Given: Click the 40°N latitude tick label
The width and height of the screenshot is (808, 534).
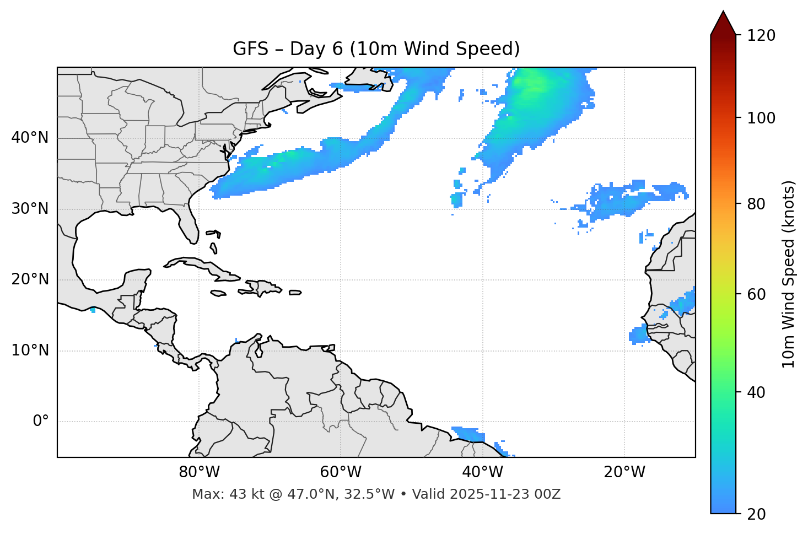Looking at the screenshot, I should coord(30,138).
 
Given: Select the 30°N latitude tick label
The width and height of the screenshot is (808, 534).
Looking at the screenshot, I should coord(30,209).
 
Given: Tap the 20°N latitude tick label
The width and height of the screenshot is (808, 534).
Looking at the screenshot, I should coord(30,279).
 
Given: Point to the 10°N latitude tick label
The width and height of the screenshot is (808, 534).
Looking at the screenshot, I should coord(30,350).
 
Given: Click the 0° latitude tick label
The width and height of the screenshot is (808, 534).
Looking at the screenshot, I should coord(41,422).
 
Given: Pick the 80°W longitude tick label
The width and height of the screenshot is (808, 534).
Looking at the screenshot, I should coord(199,472).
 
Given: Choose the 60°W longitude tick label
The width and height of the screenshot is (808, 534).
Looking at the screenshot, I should coord(341,472).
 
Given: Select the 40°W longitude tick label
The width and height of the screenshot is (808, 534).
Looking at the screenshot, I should coord(483,472).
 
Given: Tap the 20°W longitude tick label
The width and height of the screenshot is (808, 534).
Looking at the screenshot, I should coord(624,472).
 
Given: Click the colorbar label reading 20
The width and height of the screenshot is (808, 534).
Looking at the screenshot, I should coord(756,514).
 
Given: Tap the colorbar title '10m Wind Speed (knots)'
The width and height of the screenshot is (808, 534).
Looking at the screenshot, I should coord(789,274).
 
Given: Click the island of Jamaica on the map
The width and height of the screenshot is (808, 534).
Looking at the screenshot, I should coord(219,293).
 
